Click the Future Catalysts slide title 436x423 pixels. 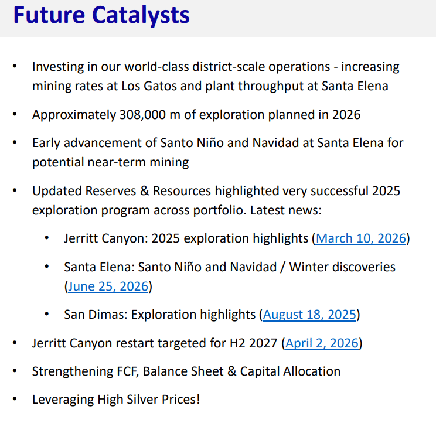click(101, 15)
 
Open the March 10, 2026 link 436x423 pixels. click(361, 238)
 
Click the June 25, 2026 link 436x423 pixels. click(108, 286)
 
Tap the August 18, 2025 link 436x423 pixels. click(309, 315)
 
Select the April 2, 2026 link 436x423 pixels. click(322, 343)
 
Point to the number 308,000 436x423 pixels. click(142, 115)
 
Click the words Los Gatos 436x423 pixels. click(149, 86)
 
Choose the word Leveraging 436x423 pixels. click(63, 400)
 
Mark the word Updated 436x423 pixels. click(56, 191)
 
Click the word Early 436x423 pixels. click(46, 143)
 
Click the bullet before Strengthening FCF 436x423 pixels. click(15, 371)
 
